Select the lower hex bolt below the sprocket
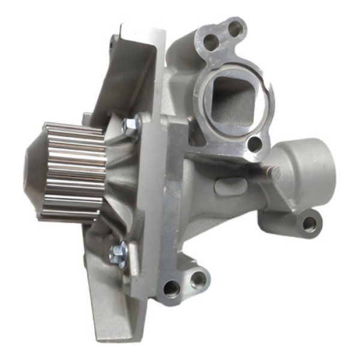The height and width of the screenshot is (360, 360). (118, 254)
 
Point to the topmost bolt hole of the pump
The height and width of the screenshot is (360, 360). (235, 26)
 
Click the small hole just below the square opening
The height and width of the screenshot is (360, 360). (255, 145)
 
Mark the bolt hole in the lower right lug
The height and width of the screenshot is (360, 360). (310, 224)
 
